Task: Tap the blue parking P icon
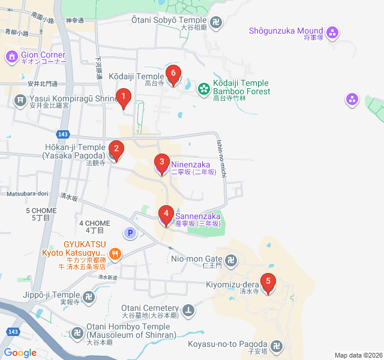pyautogui.click(x=130, y=232)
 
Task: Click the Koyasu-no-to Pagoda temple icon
pyautogui.click(x=277, y=346)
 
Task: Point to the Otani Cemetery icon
pyautogui.click(x=189, y=310)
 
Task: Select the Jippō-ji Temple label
pyautogui.click(x=53, y=296)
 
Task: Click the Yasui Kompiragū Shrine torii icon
pyautogui.click(x=20, y=98)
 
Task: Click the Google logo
pyautogui.click(x=20, y=353)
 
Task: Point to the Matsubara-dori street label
pyautogui.click(x=27, y=194)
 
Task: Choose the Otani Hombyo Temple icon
pyautogui.click(x=78, y=332)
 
